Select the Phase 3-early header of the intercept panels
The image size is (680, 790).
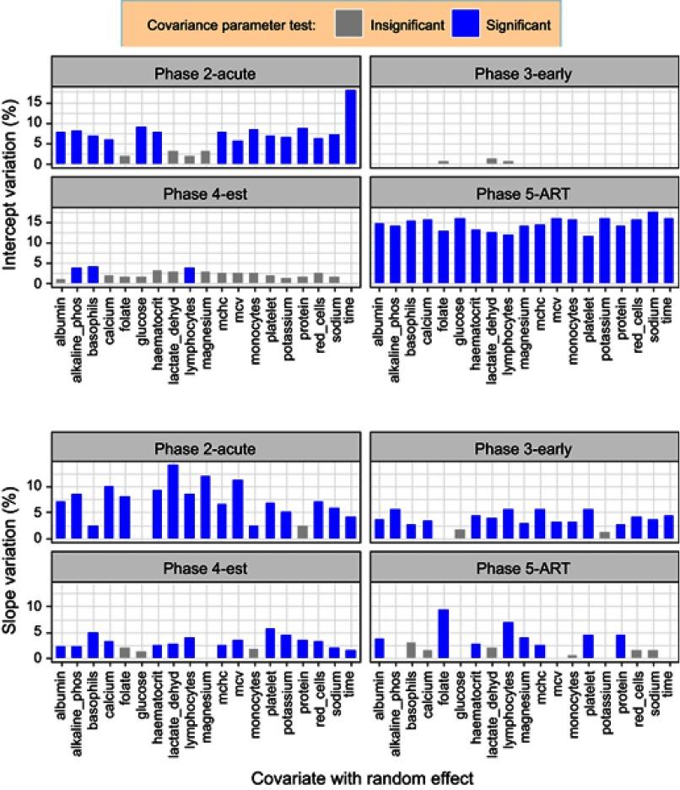[x=523, y=73]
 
